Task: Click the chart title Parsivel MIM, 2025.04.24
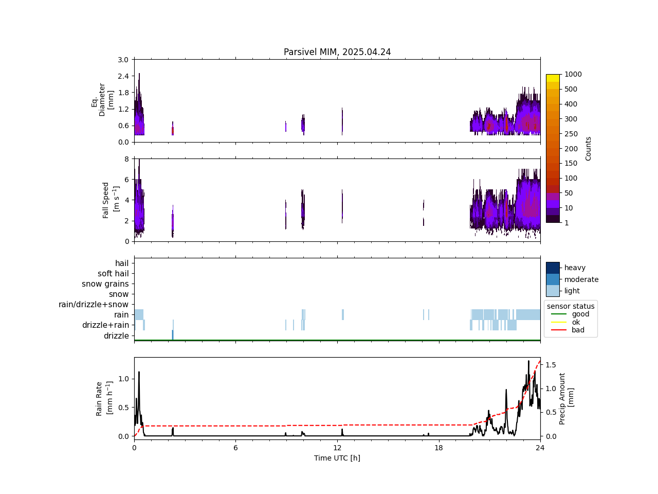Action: [337, 52]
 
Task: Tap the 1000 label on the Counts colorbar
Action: [573, 74]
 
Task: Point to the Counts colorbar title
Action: [588, 148]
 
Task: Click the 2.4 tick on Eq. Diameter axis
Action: [123, 76]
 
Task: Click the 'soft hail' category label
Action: [113, 274]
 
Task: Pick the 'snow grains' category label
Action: [105, 284]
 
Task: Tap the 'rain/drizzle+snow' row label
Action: [94, 305]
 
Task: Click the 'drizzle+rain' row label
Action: [105, 325]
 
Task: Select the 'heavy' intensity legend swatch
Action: [553, 268]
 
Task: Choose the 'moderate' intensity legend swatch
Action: [553, 279]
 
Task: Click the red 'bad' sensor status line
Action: [558, 330]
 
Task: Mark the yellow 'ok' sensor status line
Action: [558, 322]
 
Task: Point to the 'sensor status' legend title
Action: [571, 306]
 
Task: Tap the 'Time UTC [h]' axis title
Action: [337, 458]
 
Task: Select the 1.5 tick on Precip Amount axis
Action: [551, 365]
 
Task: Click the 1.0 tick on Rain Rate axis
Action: [123, 379]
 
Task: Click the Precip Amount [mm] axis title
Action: [566, 398]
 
